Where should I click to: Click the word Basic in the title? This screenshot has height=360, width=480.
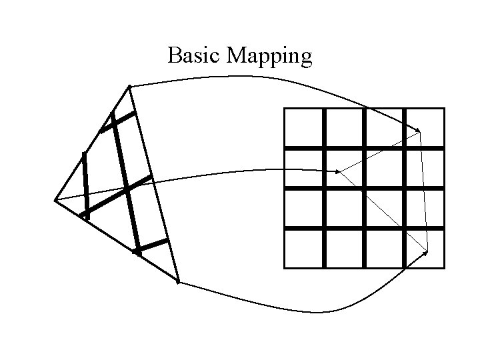(x=195, y=56)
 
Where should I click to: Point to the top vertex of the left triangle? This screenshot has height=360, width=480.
(x=129, y=87)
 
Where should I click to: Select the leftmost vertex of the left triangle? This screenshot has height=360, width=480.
(x=55, y=199)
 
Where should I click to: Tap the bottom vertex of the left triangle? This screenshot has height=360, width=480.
(x=178, y=281)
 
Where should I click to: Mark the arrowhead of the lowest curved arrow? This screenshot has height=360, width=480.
(x=426, y=252)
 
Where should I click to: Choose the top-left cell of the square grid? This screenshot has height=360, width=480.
(x=304, y=127)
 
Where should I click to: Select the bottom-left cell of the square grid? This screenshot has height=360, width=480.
(x=304, y=249)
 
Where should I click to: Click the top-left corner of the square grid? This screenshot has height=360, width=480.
(x=285, y=108)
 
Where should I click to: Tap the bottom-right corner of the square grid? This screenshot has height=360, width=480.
(x=444, y=268)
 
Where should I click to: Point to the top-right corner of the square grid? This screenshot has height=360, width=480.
(x=444, y=108)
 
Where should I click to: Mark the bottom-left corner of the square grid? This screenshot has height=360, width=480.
(x=285, y=268)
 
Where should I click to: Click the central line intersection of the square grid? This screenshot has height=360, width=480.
(x=365, y=188)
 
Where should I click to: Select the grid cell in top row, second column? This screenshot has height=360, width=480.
(x=344, y=127)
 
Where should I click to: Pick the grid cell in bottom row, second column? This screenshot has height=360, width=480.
(x=344, y=249)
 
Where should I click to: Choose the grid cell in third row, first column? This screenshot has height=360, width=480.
(x=304, y=208)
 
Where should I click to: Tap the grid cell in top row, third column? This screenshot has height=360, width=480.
(x=385, y=127)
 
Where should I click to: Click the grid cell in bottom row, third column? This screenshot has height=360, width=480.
(x=385, y=249)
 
